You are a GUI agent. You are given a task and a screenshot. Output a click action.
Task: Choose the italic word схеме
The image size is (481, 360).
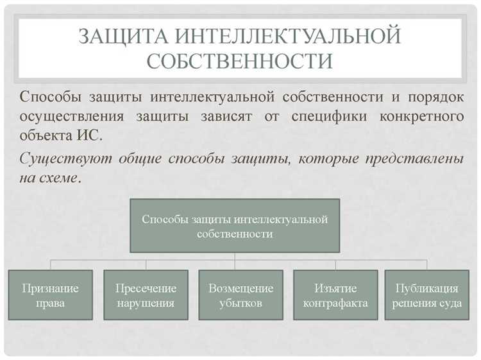[58, 178]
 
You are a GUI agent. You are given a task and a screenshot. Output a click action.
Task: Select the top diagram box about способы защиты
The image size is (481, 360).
[235, 226]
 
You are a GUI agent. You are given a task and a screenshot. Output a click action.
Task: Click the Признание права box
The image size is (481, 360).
[50, 295]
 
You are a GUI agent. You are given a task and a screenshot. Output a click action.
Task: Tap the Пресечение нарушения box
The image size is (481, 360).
[146, 295]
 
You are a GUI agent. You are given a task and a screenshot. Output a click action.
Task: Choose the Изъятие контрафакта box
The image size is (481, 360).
[335, 295]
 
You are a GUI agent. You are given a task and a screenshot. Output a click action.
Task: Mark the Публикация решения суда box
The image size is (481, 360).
[427, 295]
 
